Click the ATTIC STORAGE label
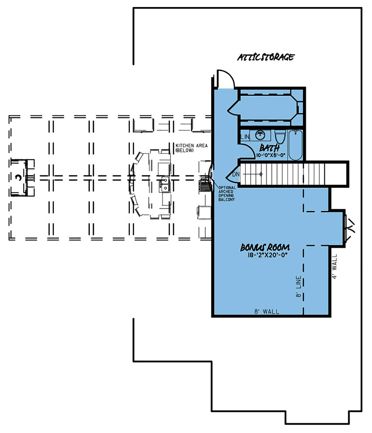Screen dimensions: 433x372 266,57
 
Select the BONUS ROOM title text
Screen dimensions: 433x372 265,248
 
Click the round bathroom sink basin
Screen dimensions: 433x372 260,134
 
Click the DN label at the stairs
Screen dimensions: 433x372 236,174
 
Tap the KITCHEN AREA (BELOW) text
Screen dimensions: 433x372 189,147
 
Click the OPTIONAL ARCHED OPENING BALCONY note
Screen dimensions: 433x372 227,193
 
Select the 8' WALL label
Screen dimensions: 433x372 267,311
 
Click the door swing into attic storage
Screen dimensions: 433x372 225,78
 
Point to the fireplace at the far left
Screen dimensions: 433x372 19,177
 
